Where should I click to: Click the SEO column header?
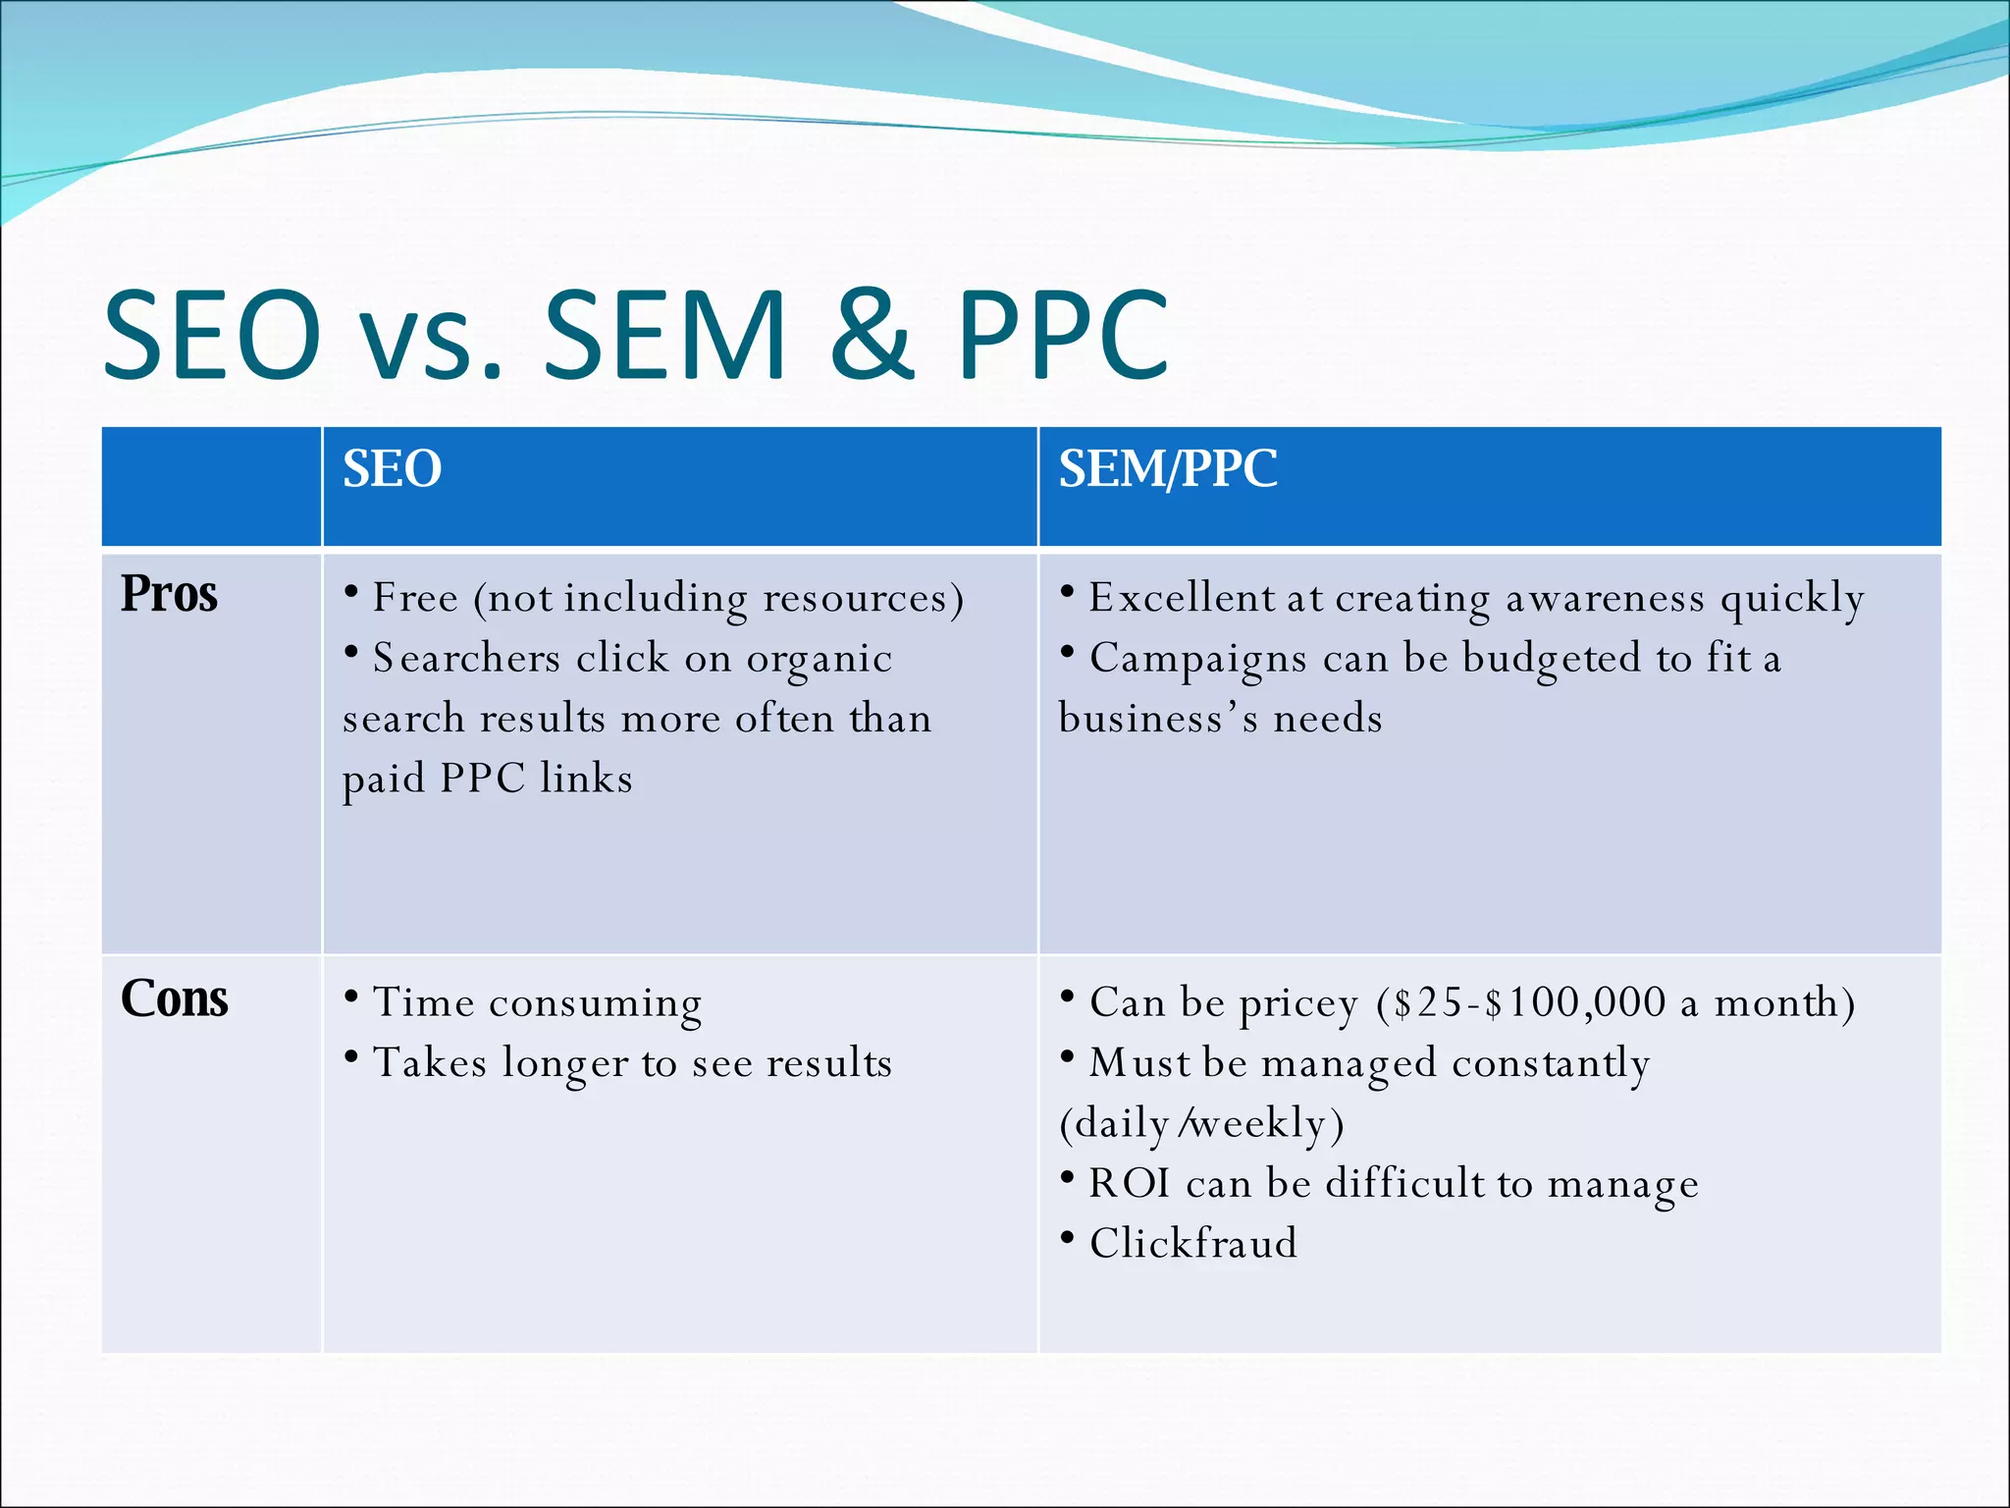pyautogui.click(x=392, y=469)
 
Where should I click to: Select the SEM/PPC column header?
pyautogui.click(x=1167, y=469)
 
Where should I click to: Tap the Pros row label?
pyautogui.click(x=169, y=594)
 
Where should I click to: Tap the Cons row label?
pyautogui.click(x=174, y=999)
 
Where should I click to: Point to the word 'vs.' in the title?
pyautogui.click(x=431, y=339)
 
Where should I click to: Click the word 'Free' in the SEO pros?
pyautogui.click(x=415, y=598)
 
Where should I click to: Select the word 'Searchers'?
pyautogui.click(x=466, y=658)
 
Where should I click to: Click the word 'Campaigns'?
pyautogui.click(x=1197, y=659)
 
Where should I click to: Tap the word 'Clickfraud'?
pyautogui.click(x=1192, y=1244)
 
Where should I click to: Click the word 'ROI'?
pyautogui.click(x=1129, y=1183)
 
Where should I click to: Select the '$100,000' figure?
pyautogui.click(x=1574, y=1002)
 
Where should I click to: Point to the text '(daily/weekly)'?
pyautogui.click(x=1201, y=1124)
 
